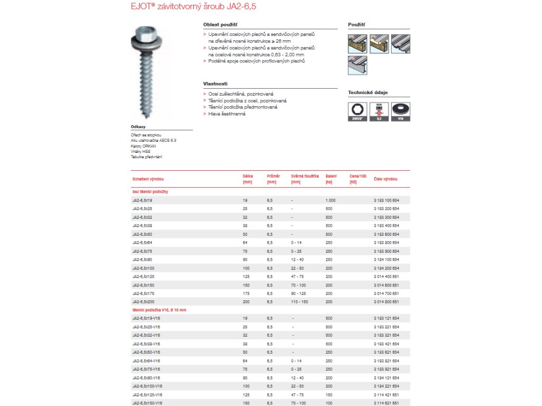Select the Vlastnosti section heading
(215, 84)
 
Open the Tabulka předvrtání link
(146, 156)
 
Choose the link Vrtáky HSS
(140, 151)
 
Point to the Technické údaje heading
(367, 93)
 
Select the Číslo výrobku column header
(385, 179)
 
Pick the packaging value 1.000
(330, 200)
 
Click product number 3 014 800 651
(386, 301)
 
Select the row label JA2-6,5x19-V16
(146, 319)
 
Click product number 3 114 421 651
(386, 394)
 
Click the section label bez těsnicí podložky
(150, 191)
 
